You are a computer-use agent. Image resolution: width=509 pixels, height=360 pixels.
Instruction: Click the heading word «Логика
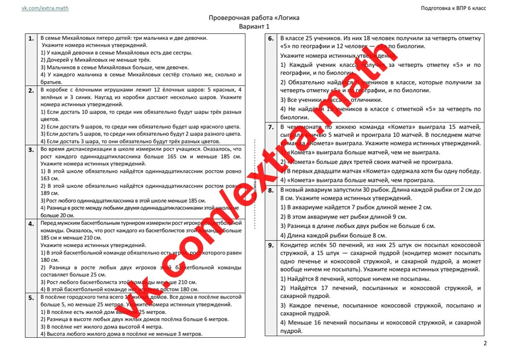[x=285, y=17]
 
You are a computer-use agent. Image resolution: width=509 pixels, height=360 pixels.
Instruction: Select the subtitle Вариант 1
[x=254, y=26]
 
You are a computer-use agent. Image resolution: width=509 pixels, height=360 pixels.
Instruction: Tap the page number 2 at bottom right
[x=485, y=344]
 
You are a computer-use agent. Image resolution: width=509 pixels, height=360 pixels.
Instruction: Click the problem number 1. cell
[x=32, y=38]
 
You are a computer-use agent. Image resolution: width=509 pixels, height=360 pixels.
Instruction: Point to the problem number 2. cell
[x=32, y=90]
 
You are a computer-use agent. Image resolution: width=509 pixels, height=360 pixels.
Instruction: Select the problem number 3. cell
[x=32, y=150]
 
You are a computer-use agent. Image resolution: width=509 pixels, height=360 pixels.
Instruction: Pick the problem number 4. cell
[x=32, y=224]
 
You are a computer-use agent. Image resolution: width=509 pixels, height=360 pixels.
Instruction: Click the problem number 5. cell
[x=32, y=298]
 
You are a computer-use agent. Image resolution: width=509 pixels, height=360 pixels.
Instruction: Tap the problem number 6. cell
[x=270, y=39]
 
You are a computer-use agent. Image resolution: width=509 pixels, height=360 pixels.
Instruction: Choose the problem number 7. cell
[x=270, y=127]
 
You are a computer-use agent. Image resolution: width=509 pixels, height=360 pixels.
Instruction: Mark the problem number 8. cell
[x=270, y=189]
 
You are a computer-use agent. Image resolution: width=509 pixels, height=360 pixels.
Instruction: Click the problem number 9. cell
[x=270, y=245]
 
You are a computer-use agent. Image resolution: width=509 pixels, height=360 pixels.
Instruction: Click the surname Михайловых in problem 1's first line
[x=87, y=38]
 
